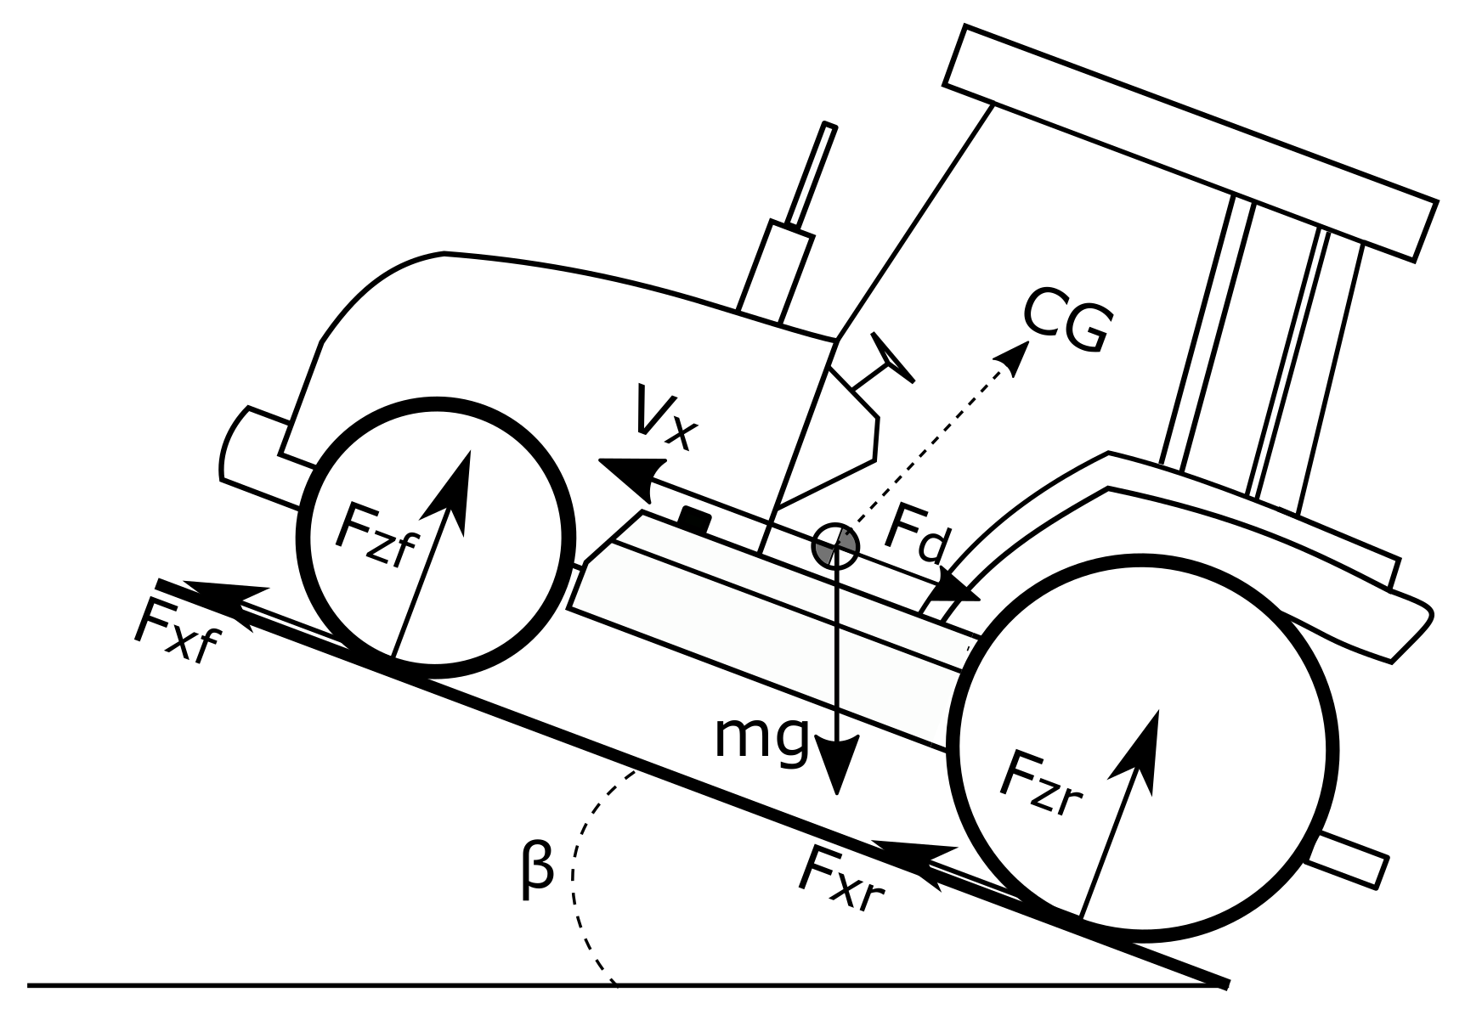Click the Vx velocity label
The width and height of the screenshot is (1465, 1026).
coord(663,418)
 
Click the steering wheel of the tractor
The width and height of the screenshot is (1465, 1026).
coord(891,358)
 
